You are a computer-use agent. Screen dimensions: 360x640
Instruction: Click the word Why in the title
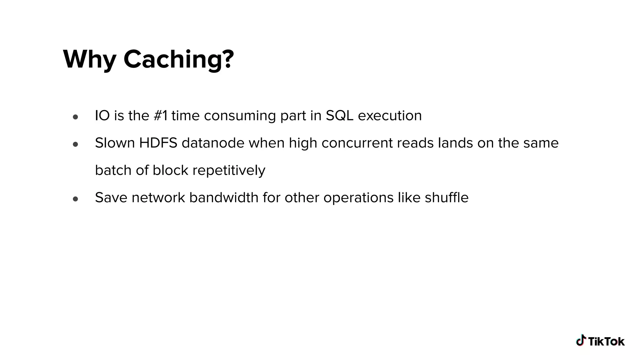89,59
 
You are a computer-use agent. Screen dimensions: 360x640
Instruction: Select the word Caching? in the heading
178,59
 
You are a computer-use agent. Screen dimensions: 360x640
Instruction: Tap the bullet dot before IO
75,117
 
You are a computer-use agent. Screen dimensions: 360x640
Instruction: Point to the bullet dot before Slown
75,144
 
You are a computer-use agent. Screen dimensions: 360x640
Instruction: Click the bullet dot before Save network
75,199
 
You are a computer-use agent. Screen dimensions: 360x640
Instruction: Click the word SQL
339,116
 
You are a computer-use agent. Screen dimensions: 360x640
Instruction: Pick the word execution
390,116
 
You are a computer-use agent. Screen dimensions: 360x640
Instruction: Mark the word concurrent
357,143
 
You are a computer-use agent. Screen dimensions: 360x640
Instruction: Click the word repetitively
229,171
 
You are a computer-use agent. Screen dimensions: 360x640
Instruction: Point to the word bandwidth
224,197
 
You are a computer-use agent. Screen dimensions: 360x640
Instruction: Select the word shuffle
447,197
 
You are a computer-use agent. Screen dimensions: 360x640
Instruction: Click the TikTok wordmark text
606,342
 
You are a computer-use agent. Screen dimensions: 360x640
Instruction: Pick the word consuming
240,116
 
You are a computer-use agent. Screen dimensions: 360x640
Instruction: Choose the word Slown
115,143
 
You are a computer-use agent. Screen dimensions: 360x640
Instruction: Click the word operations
358,197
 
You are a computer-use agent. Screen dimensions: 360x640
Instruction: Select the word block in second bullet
170,171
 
